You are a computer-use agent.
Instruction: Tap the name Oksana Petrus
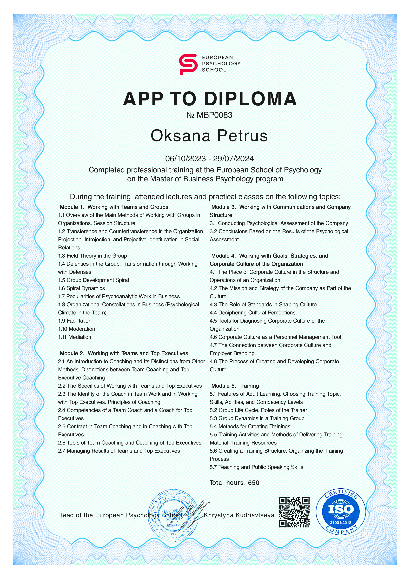[x=209, y=136]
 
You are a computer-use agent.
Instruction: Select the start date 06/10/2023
[x=185, y=159]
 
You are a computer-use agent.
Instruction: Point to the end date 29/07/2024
[x=233, y=159]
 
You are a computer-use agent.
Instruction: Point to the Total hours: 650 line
[x=234, y=483]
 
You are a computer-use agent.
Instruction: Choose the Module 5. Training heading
[x=235, y=386]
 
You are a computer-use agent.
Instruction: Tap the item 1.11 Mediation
[x=74, y=337]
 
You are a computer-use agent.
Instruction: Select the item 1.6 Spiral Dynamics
[x=81, y=288]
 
